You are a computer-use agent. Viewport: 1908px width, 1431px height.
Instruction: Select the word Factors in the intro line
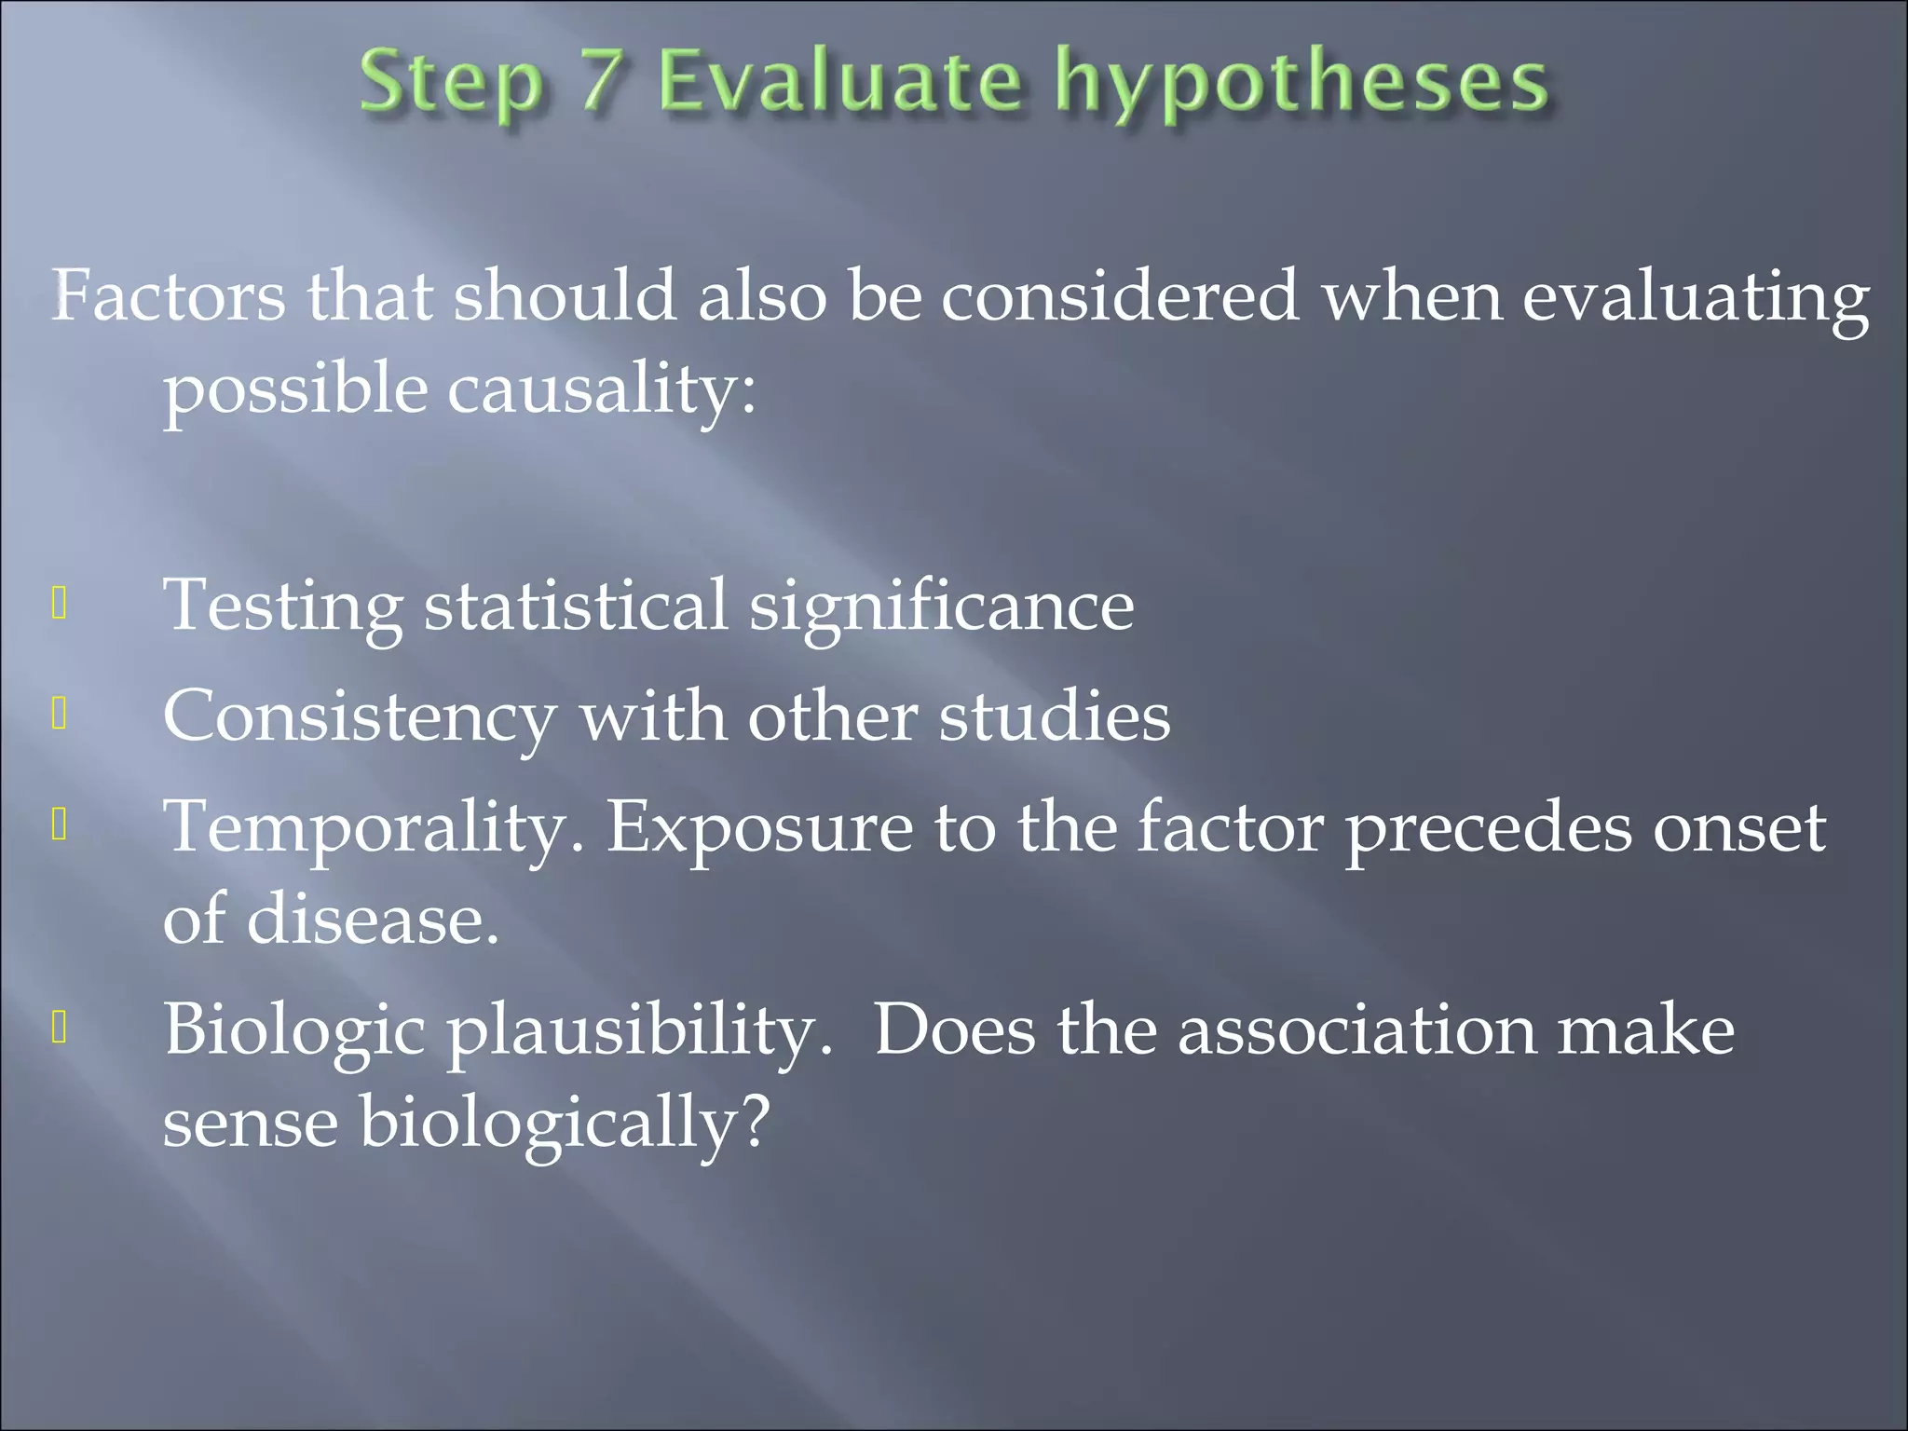click(x=168, y=296)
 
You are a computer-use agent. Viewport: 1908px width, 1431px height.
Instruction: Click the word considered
click(x=1119, y=296)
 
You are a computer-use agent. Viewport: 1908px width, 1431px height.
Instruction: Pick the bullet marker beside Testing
click(x=60, y=605)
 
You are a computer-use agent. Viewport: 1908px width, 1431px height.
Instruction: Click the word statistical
click(x=575, y=605)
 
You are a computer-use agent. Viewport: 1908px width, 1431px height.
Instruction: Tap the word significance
click(x=941, y=607)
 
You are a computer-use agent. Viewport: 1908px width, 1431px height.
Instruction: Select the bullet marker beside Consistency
click(x=60, y=715)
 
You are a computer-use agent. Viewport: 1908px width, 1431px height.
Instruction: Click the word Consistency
click(x=359, y=717)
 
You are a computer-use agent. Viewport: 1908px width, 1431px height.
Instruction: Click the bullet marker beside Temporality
click(x=60, y=825)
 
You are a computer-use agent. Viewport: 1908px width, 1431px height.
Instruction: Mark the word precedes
click(x=1488, y=829)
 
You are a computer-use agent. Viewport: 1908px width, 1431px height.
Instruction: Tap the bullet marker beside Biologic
click(x=60, y=1029)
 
